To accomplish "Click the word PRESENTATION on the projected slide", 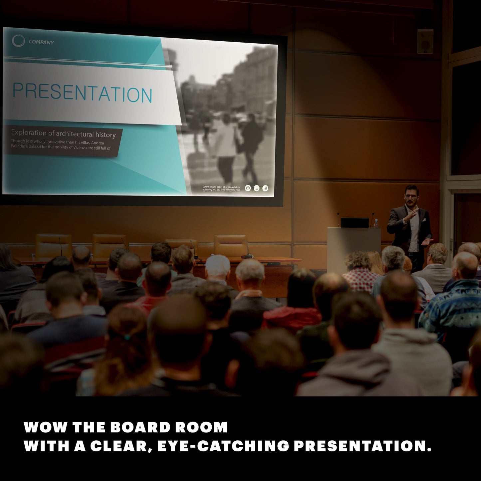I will (82, 94).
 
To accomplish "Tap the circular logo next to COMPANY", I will (18, 41).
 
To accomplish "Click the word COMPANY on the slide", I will (41, 42).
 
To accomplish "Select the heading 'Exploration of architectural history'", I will (63, 134).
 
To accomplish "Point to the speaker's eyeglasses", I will (411, 196).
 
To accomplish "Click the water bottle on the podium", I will (376, 223).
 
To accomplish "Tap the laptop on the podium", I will (355, 223).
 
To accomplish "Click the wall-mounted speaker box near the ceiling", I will (425, 41).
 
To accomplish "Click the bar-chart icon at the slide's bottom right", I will (265, 188).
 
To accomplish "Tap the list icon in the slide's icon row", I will (256, 188).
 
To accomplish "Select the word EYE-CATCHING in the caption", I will (223, 446).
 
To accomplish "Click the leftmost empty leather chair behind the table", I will (53, 245).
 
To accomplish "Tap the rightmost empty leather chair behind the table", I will (230, 245).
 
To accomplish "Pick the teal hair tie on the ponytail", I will (127, 337).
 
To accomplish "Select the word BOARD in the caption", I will (140, 427).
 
